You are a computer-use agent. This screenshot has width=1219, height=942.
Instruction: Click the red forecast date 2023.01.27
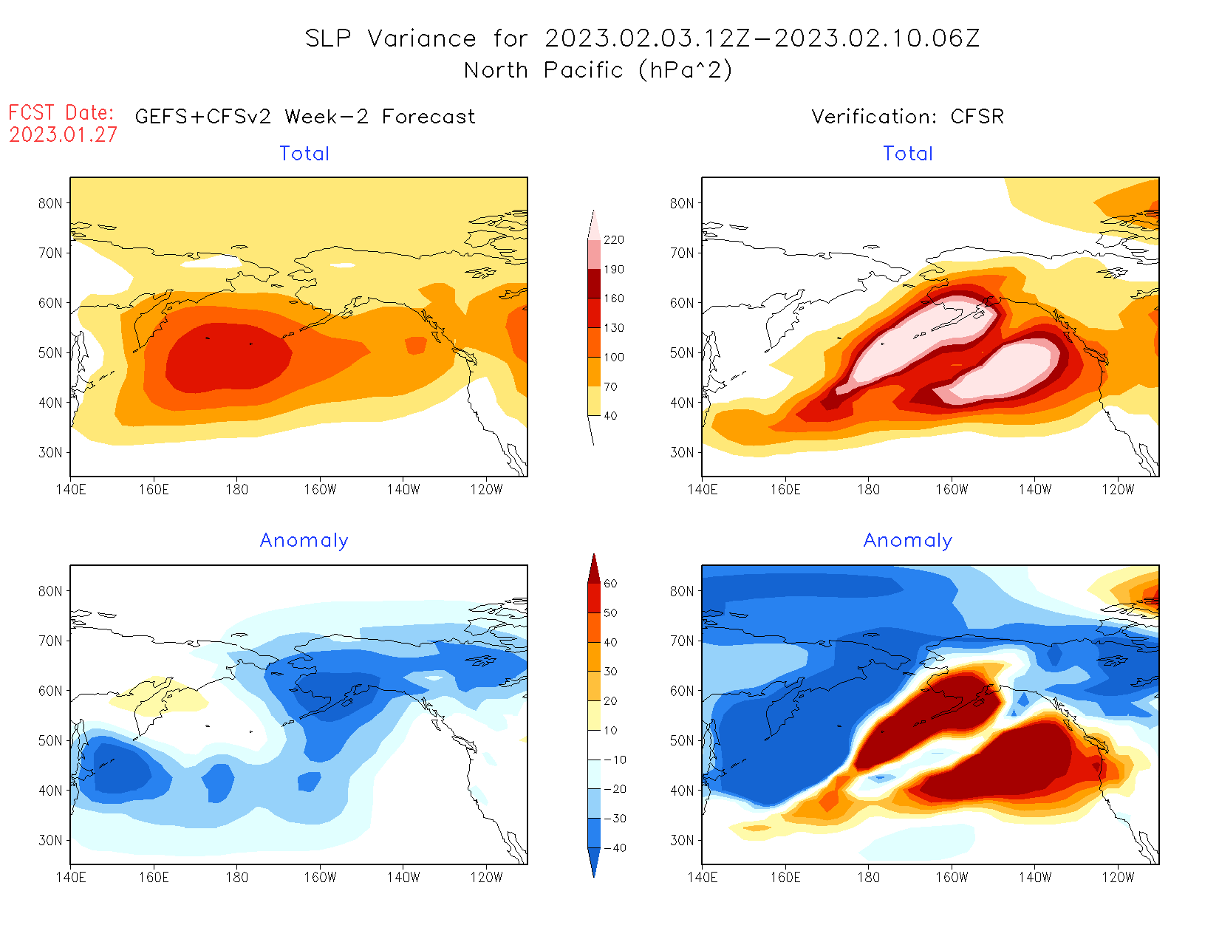(64, 134)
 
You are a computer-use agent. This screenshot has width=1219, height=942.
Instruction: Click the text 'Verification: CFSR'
(907, 117)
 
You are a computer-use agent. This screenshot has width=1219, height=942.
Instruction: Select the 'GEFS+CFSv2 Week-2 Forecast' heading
(305, 117)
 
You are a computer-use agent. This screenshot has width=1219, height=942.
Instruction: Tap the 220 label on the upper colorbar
(614, 240)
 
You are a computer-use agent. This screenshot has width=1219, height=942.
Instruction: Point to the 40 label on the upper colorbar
(610, 416)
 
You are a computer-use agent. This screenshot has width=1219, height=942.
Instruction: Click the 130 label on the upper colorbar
(614, 328)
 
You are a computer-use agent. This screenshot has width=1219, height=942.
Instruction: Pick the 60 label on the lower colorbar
(610, 584)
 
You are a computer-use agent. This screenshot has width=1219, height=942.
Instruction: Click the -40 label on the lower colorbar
(615, 848)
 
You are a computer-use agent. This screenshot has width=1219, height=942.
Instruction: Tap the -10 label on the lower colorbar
(615, 760)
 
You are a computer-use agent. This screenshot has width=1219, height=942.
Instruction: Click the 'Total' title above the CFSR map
(908, 154)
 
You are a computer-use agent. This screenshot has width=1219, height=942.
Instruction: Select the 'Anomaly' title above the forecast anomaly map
(304, 541)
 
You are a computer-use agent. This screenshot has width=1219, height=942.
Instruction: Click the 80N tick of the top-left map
(50, 203)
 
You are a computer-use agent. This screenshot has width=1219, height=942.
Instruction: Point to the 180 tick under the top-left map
(237, 489)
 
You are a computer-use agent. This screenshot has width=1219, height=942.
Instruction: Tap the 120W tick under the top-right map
(1118, 489)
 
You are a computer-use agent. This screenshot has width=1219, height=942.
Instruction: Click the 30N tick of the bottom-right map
(682, 840)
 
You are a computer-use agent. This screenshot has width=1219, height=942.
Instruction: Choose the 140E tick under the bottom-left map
(70, 877)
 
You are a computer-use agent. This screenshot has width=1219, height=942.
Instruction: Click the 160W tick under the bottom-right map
(952, 877)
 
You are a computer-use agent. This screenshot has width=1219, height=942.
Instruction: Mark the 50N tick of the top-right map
(682, 352)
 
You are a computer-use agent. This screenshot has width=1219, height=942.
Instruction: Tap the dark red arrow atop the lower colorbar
(594, 568)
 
